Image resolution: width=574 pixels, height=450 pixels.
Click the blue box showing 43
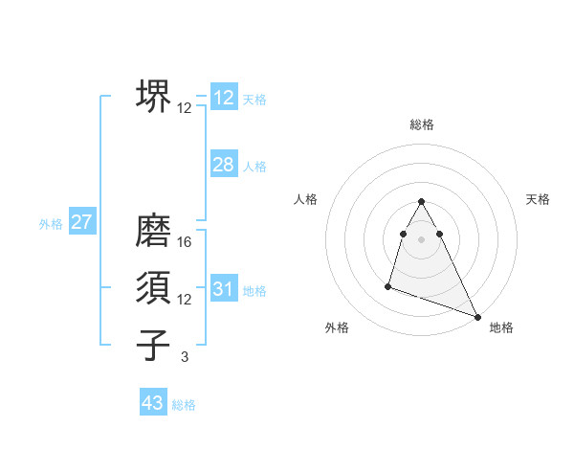tap(153, 403)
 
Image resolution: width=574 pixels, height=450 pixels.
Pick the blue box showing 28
tap(224, 165)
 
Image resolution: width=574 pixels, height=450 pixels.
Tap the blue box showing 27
tap(81, 222)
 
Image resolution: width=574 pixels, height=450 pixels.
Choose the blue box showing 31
tap(224, 289)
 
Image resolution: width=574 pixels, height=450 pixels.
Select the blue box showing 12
tap(224, 98)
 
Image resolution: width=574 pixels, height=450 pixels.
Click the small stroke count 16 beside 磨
tap(185, 242)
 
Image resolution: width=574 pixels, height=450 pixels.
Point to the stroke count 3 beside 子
tap(185, 357)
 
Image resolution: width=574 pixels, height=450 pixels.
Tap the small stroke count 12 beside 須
tap(185, 300)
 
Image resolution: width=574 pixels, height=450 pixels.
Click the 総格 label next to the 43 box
tap(184, 405)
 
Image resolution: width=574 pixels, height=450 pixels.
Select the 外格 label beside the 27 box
tap(51, 224)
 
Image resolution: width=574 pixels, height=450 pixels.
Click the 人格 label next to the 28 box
tap(254, 167)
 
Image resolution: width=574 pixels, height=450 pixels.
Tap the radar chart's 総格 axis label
tap(422, 124)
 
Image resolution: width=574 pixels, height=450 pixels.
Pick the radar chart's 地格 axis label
tap(501, 327)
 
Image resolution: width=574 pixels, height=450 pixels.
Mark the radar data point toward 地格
tap(478, 317)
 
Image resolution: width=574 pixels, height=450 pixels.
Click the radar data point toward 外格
tap(388, 285)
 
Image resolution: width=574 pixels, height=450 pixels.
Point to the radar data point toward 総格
tap(422, 202)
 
